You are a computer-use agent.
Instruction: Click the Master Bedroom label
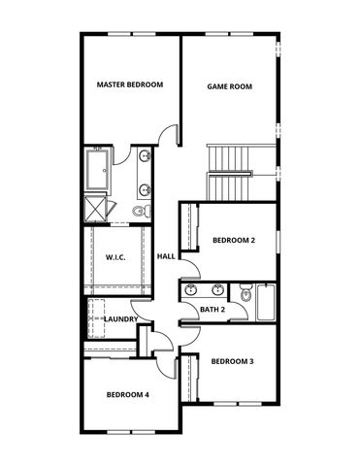130,85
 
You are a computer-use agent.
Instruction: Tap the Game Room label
230,86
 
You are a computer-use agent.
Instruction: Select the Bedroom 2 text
234,240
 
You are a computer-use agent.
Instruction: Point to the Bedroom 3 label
233,361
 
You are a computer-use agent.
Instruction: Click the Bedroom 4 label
128,394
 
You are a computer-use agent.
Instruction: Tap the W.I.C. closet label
115,258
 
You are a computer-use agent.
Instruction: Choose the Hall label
166,256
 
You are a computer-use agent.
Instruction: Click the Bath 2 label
213,310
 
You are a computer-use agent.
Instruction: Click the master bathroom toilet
140,210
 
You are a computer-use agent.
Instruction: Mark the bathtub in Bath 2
265,302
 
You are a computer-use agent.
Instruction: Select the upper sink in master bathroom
145,155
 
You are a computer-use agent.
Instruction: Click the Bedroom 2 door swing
190,268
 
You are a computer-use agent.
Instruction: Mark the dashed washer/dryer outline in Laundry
98,313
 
